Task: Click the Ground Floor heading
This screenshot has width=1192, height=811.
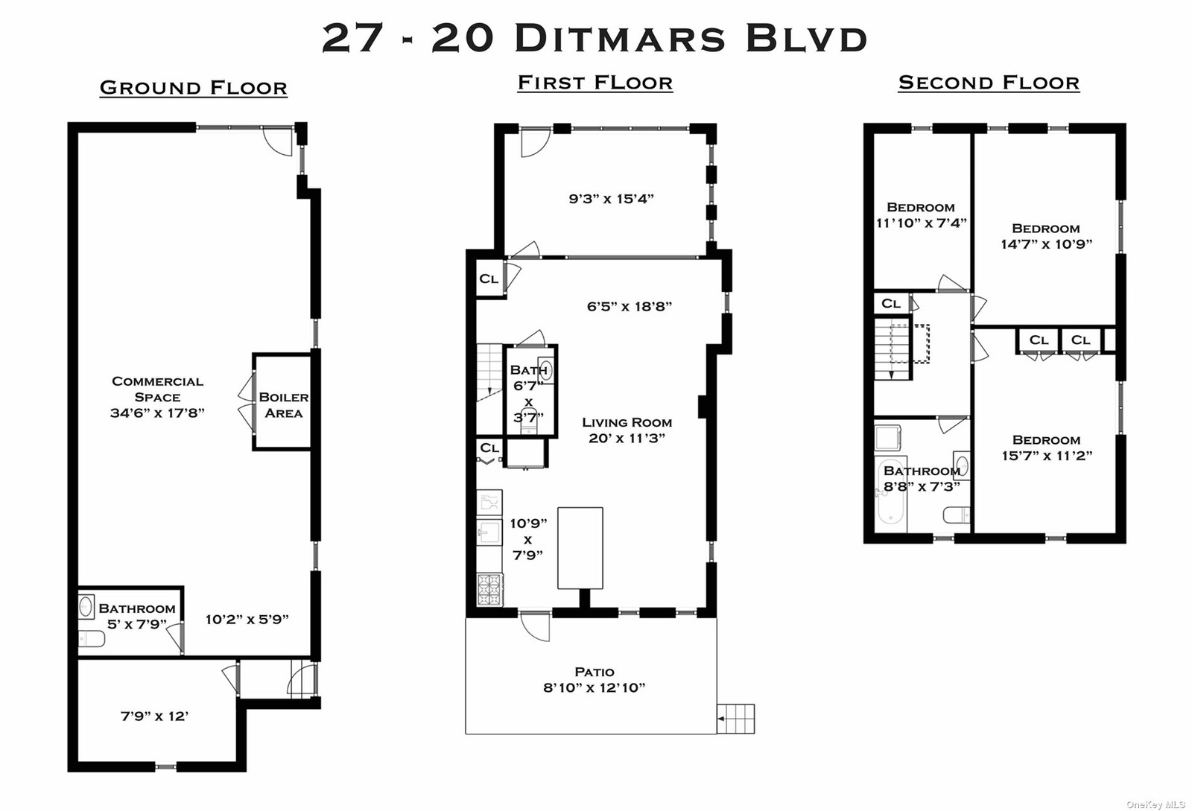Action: coord(194,87)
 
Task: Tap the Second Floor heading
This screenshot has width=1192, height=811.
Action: coord(989,83)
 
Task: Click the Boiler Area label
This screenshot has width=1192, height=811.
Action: coord(284,404)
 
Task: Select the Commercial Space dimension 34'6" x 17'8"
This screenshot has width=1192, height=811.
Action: coord(157,413)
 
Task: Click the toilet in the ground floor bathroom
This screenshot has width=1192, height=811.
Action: coord(92,639)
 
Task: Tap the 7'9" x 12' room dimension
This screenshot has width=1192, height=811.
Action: coord(155,716)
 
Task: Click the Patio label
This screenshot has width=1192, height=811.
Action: coord(595,672)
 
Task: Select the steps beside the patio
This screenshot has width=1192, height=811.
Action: coord(736,719)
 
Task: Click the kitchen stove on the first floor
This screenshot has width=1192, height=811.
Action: coord(490,589)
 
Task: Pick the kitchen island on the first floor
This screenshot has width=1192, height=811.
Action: coord(580,548)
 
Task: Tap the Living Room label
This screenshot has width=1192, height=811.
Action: coord(627,422)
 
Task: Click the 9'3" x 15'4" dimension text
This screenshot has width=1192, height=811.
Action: coord(612,198)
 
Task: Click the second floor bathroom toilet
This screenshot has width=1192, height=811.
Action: coord(957,515)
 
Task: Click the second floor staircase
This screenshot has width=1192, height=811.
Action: coord(893,349)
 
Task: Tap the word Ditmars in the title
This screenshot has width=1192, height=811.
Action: coord(620,38)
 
